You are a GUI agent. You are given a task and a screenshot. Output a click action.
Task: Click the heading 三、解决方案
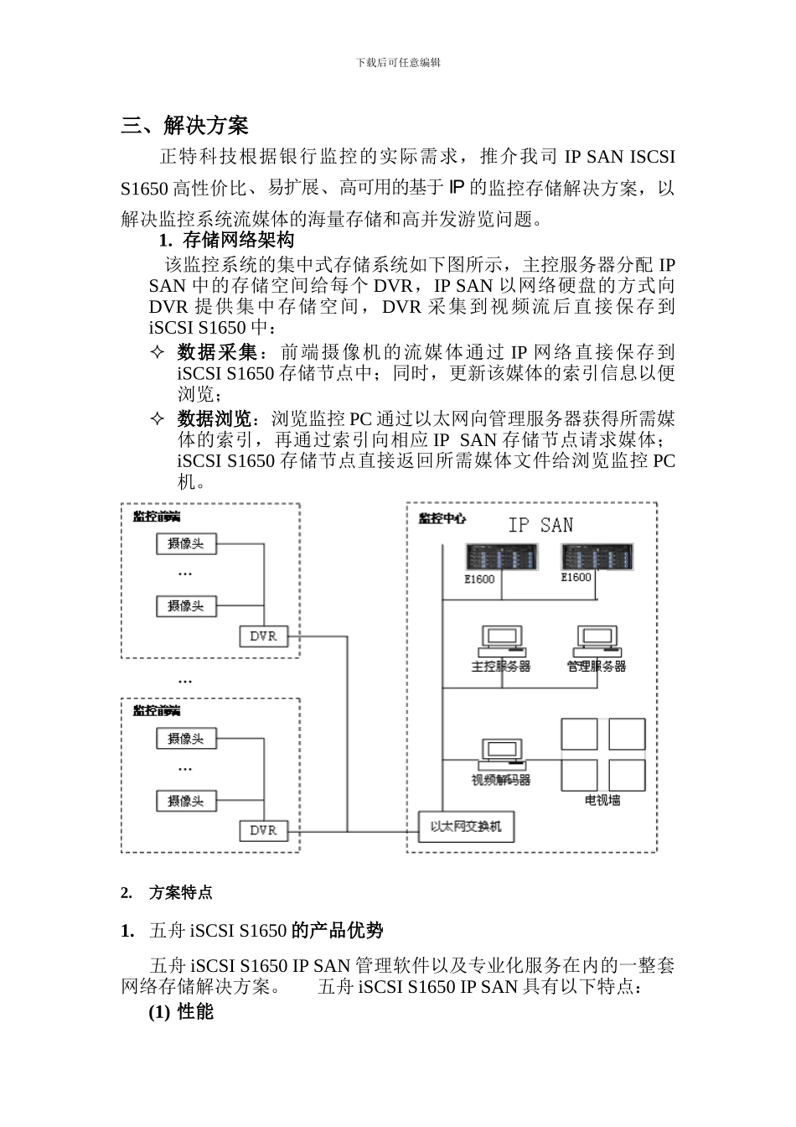pos(184,127)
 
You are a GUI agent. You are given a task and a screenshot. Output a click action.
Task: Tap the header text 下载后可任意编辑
pos(398,63)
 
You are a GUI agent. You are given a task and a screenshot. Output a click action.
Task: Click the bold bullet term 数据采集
pos(216,351)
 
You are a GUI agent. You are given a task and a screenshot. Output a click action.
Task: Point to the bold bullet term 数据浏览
pos(216,418)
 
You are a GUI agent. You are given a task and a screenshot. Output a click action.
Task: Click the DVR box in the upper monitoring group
pos(263,636)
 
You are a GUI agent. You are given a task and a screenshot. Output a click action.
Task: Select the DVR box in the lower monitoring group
pos(263,830)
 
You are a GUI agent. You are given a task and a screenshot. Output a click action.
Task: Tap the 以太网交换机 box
pos(466,827)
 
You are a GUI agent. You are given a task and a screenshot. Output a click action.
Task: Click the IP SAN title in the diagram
pos(540,526)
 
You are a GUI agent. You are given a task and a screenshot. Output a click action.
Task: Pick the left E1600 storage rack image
pos(502,558)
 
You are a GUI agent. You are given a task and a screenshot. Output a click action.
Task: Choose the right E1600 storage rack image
pos(597,557)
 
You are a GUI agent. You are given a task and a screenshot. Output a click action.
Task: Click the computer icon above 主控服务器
pos(501,641)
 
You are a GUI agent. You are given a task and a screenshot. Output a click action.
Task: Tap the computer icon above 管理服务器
pos(596,641)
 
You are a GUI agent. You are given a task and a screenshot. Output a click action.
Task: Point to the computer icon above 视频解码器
pos(501,754)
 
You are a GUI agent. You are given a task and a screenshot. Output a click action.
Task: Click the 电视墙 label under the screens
pos(602,801)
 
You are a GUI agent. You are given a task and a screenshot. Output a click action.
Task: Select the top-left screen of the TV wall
pos(579,734)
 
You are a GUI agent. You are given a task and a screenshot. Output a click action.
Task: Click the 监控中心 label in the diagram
pos(442,519)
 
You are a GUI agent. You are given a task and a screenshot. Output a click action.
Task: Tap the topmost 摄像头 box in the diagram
pos(186,544)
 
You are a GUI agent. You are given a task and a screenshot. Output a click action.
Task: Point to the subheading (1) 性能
pos(181,1012)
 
